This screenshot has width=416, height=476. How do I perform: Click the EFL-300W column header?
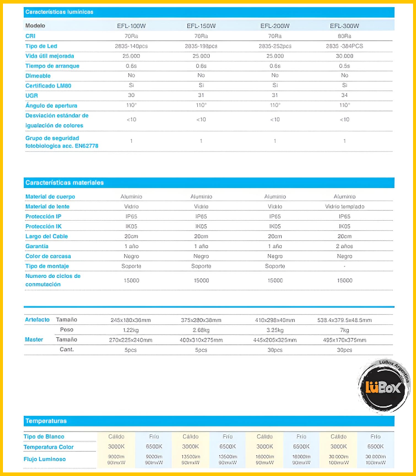click(345, 26)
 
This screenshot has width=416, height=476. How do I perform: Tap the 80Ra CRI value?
click(345, 36)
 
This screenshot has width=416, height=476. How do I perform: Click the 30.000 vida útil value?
click(345, 56)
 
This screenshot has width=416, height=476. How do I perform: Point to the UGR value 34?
click(345, 95)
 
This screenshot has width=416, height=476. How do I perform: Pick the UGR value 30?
click(131, 95)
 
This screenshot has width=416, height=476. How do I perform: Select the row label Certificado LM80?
click(48, 86)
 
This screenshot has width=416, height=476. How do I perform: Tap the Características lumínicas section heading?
click(59, 12)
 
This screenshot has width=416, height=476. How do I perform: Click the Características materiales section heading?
click(64, 183)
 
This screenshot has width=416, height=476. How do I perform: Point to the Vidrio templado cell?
click(345, 206)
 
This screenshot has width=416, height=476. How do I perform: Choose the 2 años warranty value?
click(345, 246)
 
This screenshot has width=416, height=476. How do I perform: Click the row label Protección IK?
click(43, 227)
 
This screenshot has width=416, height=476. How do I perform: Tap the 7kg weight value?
click(345, 330)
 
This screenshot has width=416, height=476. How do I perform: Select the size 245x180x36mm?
click(131, 320)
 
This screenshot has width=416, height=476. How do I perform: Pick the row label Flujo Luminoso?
click(46, 459)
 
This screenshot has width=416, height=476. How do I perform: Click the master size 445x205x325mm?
click(275, 340)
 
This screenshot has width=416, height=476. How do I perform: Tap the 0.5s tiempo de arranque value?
click(345, 66)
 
